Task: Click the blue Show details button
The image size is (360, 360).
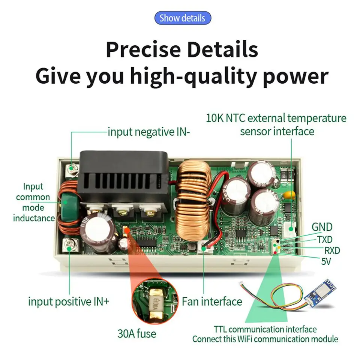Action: coord(183,18)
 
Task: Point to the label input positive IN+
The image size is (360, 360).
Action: coord(68,301)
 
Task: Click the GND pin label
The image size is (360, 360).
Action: coord(322,227)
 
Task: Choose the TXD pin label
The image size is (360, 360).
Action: coord(325,239)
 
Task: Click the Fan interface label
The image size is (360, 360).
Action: coord(212,301)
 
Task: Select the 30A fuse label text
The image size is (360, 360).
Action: coord(137,333)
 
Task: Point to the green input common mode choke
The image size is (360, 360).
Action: coord(69,205)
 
